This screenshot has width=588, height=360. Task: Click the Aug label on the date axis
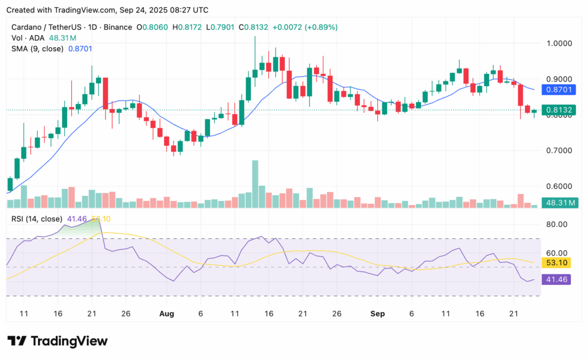click(x=167, y=315)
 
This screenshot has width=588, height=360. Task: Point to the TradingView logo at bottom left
click(x=57, y=341)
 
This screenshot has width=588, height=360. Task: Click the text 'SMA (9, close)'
click(x=38, y=49)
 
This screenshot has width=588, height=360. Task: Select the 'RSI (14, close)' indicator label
click(x=36, y=219)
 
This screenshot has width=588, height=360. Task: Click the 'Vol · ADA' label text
click(x=28, y=38)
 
